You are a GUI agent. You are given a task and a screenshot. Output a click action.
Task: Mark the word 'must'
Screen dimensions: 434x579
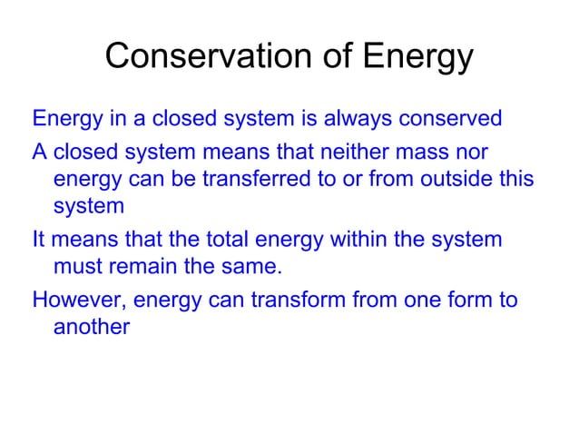(78, 268)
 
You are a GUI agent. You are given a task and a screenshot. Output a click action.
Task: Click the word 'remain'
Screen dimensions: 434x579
(143, 268)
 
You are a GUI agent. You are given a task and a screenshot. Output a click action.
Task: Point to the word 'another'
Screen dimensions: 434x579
(92, 327)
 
